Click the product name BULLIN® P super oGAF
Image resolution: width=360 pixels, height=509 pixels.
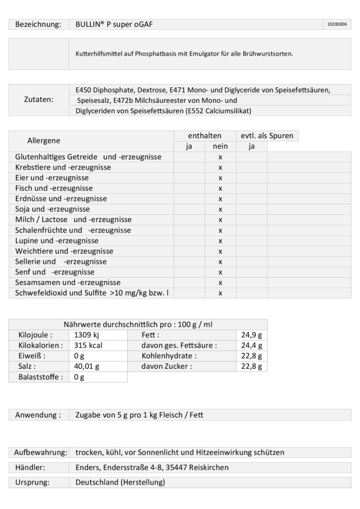114,24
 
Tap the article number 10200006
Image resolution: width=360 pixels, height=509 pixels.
337,24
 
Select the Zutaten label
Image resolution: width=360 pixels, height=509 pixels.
38,100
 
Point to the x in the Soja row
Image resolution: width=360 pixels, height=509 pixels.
220,209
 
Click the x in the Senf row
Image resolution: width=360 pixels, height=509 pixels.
220,272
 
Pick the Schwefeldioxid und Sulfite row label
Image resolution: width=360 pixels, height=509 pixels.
92,293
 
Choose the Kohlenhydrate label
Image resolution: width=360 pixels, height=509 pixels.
169,356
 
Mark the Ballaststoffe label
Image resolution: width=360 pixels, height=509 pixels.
38,377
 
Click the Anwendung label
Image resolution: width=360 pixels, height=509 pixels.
38,415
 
